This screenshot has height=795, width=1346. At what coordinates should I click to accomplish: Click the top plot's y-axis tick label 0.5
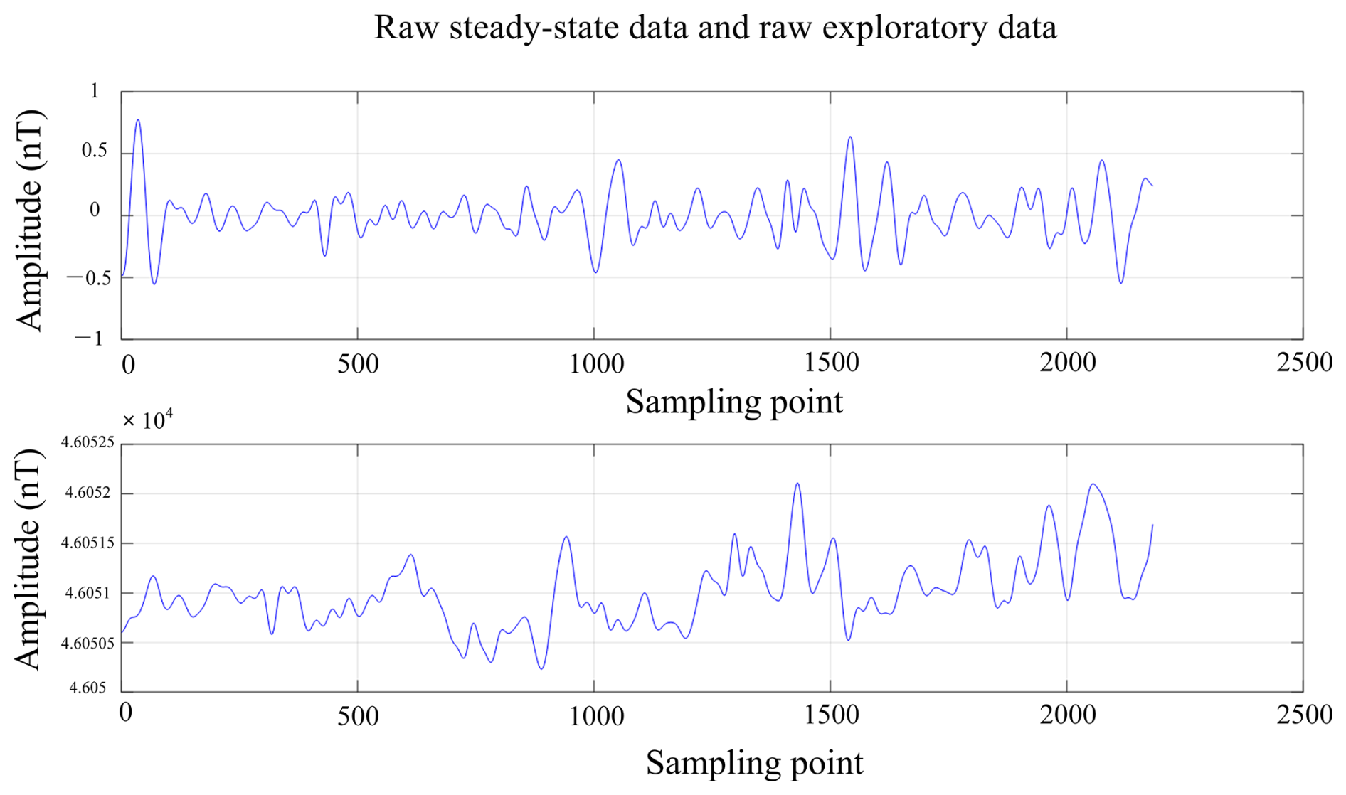pos(95,151)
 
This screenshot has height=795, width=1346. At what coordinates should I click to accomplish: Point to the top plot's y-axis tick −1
pos(90,338)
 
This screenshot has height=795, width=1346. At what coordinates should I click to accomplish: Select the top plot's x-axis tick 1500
pos(831,363)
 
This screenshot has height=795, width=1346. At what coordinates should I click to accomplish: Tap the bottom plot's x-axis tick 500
pos(358,715)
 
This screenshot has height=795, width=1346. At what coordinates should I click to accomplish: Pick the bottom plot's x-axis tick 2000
pos(1067,715)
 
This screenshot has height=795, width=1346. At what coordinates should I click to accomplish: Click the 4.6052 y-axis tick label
pos(88,493)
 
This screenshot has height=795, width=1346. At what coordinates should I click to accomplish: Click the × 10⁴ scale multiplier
pos(148,420)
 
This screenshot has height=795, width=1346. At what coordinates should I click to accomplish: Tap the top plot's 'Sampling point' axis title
pos(734,402)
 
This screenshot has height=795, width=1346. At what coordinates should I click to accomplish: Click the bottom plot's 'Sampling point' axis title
pos(754,764)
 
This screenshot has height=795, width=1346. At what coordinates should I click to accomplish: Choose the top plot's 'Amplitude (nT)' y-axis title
pos(30,220)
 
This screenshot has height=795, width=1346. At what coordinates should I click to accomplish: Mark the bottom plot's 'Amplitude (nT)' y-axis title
pos(30,560)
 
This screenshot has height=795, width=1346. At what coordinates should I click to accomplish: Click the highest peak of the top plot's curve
pos(138,120)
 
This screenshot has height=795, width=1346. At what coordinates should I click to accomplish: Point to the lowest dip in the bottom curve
pos(541,668)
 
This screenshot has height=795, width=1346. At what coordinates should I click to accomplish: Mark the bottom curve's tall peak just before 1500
pos(797,484)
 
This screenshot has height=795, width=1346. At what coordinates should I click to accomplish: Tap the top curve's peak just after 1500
pos(849,137)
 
